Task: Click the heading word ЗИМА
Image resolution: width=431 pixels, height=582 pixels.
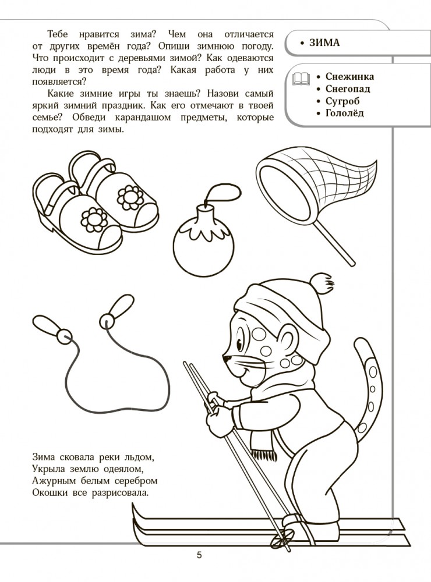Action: [x=324, y=42]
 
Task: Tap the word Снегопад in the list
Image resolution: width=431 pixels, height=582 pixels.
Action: [x=348, y=88]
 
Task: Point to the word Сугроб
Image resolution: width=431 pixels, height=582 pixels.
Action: [x=342, y=101]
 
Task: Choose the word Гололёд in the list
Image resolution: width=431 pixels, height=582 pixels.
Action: [x=344, y=113]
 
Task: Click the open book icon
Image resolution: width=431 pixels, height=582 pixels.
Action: [x=301, y=79]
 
